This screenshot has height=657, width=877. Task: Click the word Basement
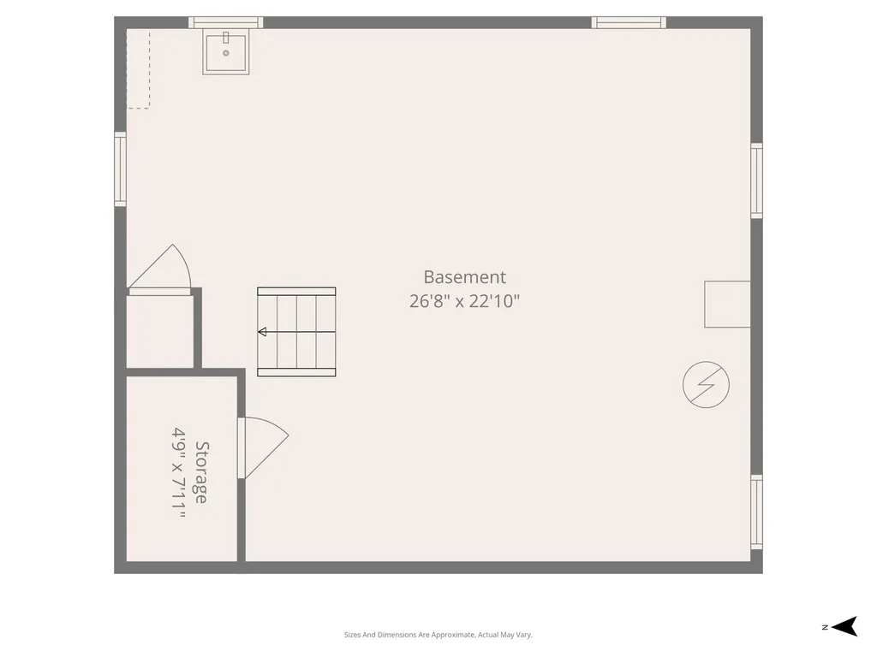coord(465,277)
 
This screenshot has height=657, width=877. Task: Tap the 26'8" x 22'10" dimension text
coord(464,301)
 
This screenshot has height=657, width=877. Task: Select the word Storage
coord(201,472)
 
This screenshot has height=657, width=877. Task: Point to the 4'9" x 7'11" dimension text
coord(178,473)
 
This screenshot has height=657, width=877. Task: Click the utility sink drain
coord(226,53)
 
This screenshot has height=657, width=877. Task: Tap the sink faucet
coord(226,38)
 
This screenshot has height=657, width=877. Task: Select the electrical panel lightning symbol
coord(706,384)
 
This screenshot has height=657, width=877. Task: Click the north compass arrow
coord(844,626)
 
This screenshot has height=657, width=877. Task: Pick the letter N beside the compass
coord(825,627)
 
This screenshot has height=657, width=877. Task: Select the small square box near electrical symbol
coord(727,304)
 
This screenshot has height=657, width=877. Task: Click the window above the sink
coord(226,22)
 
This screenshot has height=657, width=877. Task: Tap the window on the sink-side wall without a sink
coord(629,22)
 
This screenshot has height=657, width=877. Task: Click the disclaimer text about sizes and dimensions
coord(438,635)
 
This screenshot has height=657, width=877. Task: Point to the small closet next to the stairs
coord(160,331)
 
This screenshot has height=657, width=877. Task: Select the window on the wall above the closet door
coord(120,169)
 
